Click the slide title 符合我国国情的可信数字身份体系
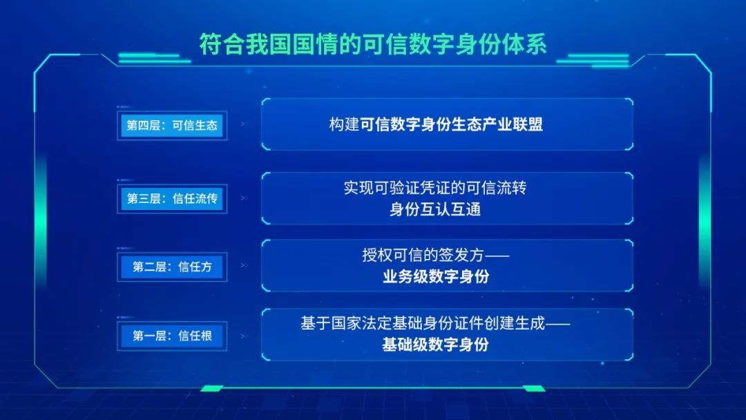point(373,44)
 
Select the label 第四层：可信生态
point(172,125)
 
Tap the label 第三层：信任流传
point(172,198)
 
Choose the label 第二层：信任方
point(172,267)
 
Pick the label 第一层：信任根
point(172,336)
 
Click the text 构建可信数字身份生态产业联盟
point(436,124)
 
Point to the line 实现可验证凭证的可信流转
point(435,188)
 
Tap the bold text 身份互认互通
point(435,209)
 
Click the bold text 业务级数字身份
point(435,276)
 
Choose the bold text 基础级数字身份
point(435,345)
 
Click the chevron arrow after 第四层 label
point(244,124)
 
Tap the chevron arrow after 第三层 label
point(244,198)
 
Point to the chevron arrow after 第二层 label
point(244,265)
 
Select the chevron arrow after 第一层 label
point(244,336)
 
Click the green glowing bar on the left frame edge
point(41,221)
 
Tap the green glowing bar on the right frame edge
point(705,221)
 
